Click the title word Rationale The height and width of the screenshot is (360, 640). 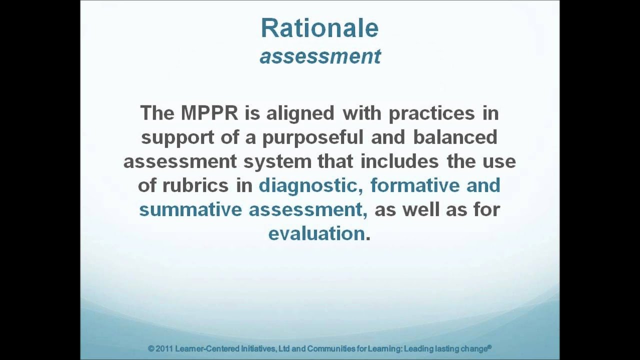(x=319, y=28)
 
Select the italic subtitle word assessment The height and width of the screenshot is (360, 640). (x=320, y=56)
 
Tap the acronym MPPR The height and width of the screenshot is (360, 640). (x=209, y=113)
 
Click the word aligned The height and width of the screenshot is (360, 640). (x=300, y=113)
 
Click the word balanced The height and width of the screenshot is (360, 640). (x=455, y=137)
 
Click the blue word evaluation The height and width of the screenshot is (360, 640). (x=316, y=233)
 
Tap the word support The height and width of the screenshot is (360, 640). (x=178, y=137)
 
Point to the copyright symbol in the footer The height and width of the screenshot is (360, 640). (x=151, y=348)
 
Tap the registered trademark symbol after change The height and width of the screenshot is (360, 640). (x=489, y=346)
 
